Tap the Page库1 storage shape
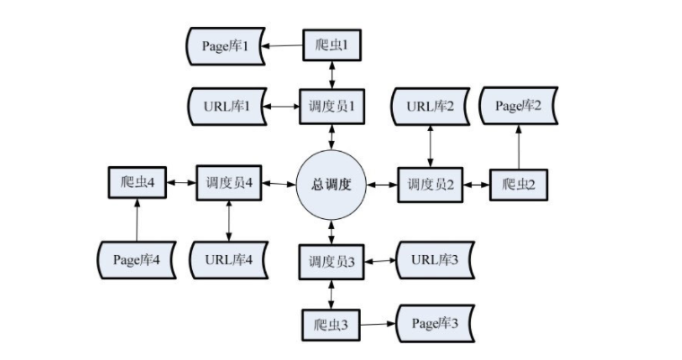tap(225, 46)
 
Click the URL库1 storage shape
tap(225, 106)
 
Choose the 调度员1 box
tap(334, 106)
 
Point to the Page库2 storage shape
tap(520, 106)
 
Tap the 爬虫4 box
tap(137, 183)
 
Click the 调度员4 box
tap(227, 183)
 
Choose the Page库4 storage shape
tap(137, 259)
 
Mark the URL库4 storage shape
tap(229, 259)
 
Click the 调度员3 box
tap(333, 260)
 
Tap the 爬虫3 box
tap(333, 323)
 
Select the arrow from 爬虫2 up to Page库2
tap(519, 145)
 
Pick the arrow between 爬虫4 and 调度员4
tap(181, 183)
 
